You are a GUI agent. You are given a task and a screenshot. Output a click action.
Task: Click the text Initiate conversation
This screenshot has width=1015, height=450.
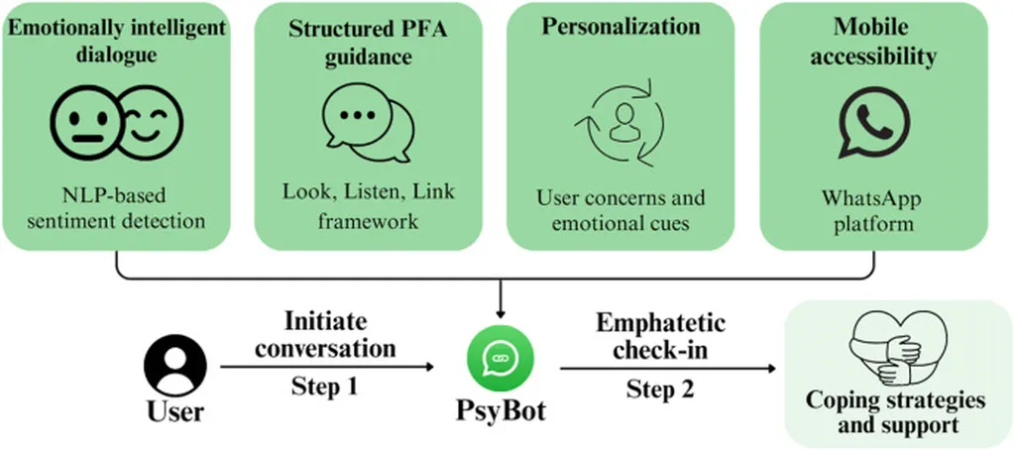tap(325, 335)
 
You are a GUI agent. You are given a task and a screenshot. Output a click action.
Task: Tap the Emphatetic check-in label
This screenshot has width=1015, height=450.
tap(661, 337)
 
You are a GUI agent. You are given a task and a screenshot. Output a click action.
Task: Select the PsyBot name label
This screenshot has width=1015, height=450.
tap(500, 409)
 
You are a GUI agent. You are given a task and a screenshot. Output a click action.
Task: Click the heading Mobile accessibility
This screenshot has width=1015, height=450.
tap(873, 42)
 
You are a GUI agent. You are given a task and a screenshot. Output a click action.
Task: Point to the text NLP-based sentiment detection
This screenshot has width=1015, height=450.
tap(123, 206)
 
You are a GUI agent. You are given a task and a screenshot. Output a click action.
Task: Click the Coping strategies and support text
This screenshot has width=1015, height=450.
tap(895, 413)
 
